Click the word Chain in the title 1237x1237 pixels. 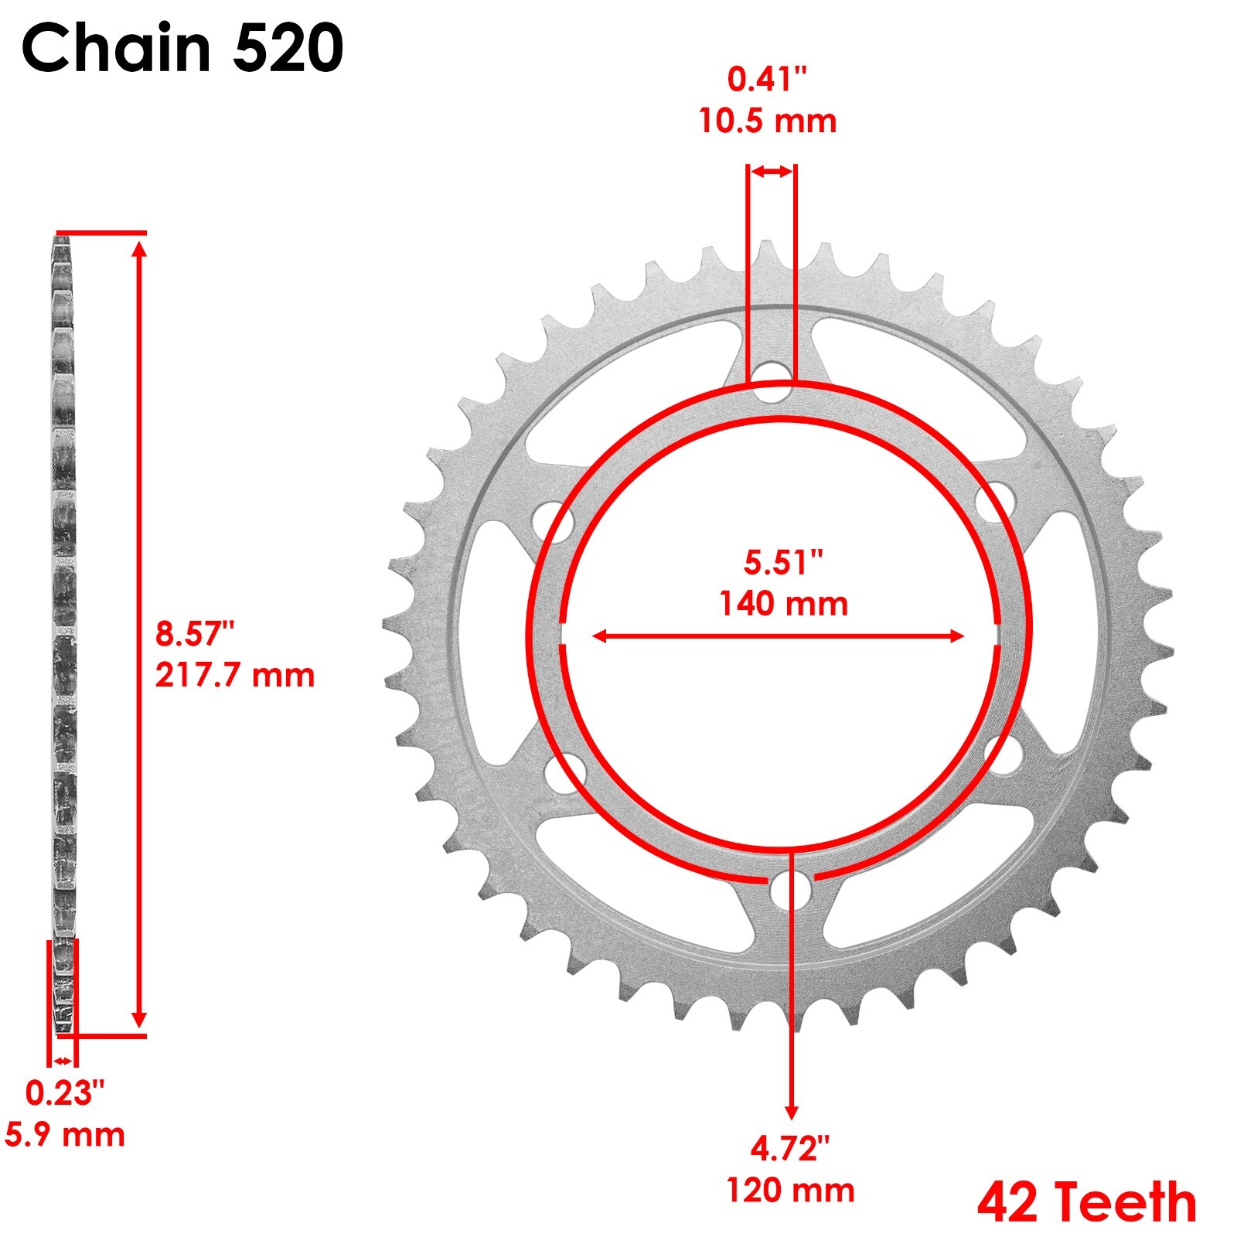[x=117, y=48]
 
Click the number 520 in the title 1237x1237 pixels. [x=288, y=48]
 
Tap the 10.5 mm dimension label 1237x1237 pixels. [x=767, y=121]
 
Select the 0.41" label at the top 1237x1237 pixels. [x=767, y=80]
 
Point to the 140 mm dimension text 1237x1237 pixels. [x=783, y=604]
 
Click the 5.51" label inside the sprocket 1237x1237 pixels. [x=783, y=562]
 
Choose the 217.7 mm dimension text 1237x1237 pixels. [x=234, y=675]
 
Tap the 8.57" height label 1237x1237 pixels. [x=194, y=633]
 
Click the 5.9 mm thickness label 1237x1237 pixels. [x=65, y=1135]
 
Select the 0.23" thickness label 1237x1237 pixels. [x=64, y=1092]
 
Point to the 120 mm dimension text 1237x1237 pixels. [x=790, y=1191]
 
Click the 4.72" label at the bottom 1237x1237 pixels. [x=790, y=1149]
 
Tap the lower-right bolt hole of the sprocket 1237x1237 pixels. [x=1003, y=755]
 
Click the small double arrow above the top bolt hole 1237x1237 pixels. [x=772, y=172]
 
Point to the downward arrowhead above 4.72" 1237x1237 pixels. [x=791, y=1112]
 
